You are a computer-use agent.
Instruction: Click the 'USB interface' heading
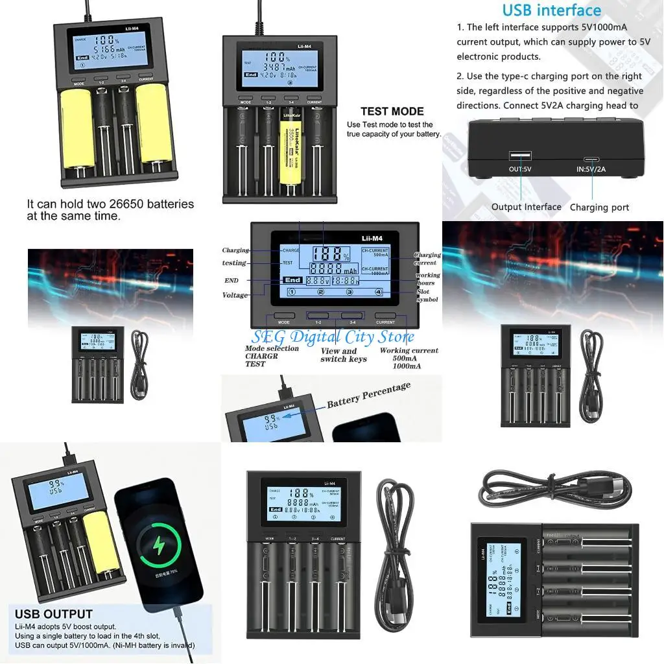pos(552,10)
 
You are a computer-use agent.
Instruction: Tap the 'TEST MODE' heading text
pos(392,111)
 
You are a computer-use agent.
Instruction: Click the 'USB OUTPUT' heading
pos(53,614)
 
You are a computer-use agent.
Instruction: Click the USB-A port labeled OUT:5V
pos(521,156)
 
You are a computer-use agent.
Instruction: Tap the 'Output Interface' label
pos(526,207)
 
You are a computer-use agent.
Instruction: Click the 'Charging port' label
pos(599,207)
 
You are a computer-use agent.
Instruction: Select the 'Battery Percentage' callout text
pos(368,394)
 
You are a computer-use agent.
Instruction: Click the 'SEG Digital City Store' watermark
pos(333,337)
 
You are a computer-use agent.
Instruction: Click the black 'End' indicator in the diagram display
pos(292,281)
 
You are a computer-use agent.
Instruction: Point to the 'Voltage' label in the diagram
pos(235,295)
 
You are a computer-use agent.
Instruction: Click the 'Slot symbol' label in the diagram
pos(427,296)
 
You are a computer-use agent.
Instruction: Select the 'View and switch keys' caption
pos(344,355)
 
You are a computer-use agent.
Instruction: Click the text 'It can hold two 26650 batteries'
pos(110,204)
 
